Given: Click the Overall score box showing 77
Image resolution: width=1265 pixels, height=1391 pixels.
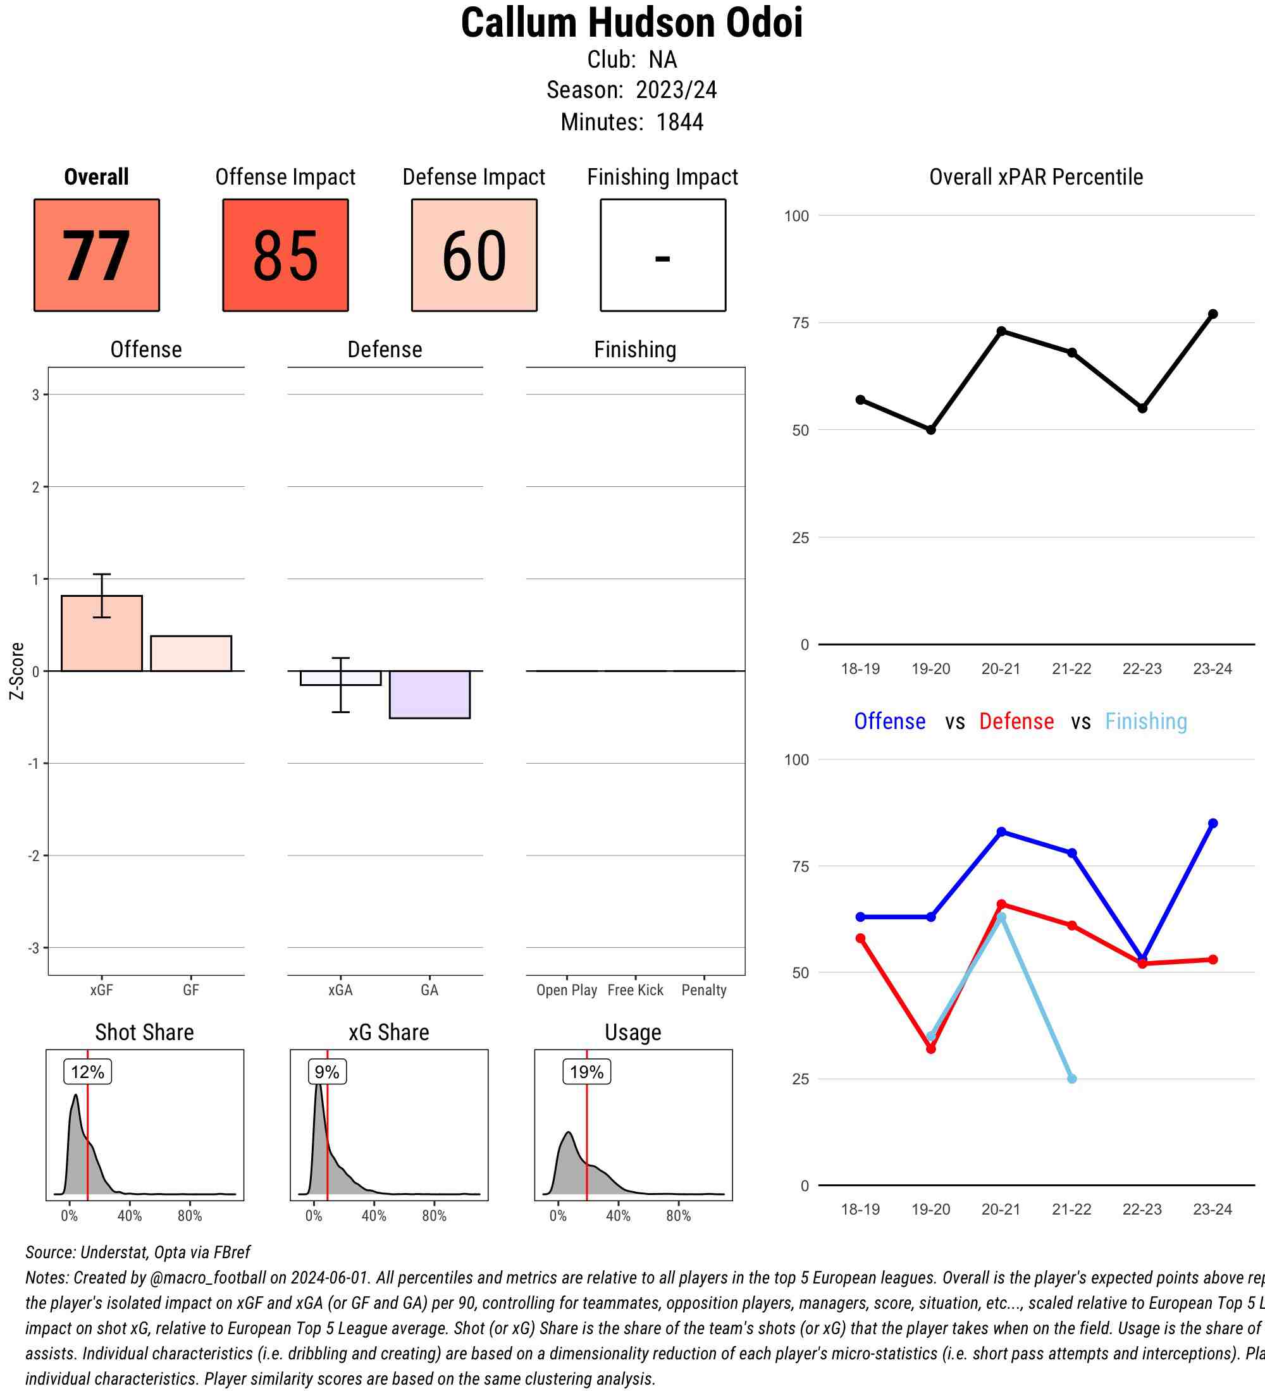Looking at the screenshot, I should coord(97,255).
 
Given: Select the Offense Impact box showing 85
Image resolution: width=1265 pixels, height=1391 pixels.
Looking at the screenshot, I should coord(285,255).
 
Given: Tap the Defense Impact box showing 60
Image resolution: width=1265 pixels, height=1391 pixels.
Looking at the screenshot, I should coord(474,255).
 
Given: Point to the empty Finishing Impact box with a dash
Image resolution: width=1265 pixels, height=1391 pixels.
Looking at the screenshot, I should coord(662,255).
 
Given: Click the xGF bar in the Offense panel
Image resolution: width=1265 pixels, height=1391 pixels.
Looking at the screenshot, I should coord(101,634).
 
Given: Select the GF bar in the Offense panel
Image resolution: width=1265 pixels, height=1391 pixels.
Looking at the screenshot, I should coord(191,653).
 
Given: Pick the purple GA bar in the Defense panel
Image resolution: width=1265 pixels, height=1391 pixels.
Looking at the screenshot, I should coord(429,694).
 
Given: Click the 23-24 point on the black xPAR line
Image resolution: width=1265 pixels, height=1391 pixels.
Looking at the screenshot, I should coord(1213,314).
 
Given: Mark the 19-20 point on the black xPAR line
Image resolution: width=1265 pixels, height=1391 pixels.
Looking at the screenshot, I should coord(931,430).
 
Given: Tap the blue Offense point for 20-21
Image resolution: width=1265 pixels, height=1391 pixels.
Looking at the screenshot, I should coord(1001,832).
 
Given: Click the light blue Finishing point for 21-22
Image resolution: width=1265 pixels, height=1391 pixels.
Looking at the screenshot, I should coord(1071,1079).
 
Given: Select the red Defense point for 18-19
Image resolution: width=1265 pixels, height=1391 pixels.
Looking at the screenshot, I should coord(861,938).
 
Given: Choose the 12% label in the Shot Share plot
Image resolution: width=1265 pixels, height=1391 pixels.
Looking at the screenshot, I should coord(88,1072).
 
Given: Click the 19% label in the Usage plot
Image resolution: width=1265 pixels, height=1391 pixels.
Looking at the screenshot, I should coord(586,1072).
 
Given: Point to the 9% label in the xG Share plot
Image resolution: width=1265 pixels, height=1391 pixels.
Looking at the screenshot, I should coord(327,1072).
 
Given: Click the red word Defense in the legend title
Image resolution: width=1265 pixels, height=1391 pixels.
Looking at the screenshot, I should coord(1016,721).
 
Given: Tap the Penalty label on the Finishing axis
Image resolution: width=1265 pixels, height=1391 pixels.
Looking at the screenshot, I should coord(704,990).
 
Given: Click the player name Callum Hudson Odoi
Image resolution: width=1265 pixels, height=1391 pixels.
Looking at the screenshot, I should coord(631,23).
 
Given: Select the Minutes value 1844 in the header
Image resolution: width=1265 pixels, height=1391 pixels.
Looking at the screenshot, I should coord(680,122).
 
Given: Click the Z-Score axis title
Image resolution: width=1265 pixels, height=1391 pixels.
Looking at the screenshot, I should coord(17,671).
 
